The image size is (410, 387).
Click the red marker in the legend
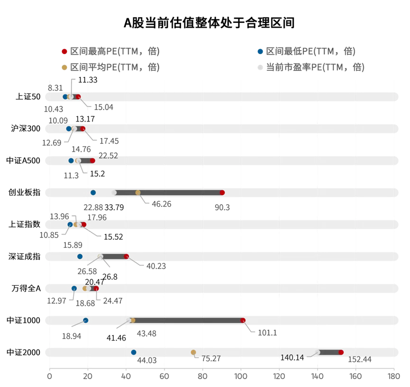(x=65, y=51)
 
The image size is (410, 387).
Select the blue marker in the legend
(x=260, y=51)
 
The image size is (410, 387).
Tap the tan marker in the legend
(x=65, y=67)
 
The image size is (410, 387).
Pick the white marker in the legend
(x=260, y=67)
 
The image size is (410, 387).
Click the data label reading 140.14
(x=293, y=357)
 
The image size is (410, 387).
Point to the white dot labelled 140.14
(x=318, y=352)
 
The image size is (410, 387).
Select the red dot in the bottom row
(x=341, y=352)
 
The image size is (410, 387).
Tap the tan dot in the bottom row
(x=193, y=352)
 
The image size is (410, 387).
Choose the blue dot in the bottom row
(x=134, y=352)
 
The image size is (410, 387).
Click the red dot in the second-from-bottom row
(x=243, y=321)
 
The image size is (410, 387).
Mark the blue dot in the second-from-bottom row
(x=86, y=321)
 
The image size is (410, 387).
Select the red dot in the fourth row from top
(x=222, y=192)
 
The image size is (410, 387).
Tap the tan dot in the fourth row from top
(x=138, y=192)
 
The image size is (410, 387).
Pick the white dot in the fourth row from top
(x=114, y=192)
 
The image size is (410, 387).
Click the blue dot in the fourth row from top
(x=93, y=192)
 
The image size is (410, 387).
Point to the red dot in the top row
(x=79, y=97)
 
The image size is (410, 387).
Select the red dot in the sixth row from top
(x=127, y=256)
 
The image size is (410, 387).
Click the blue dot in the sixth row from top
(x=80, y=256)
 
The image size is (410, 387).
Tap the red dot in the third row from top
(x=93, y=160)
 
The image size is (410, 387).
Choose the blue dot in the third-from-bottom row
(x=74, y=288)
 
